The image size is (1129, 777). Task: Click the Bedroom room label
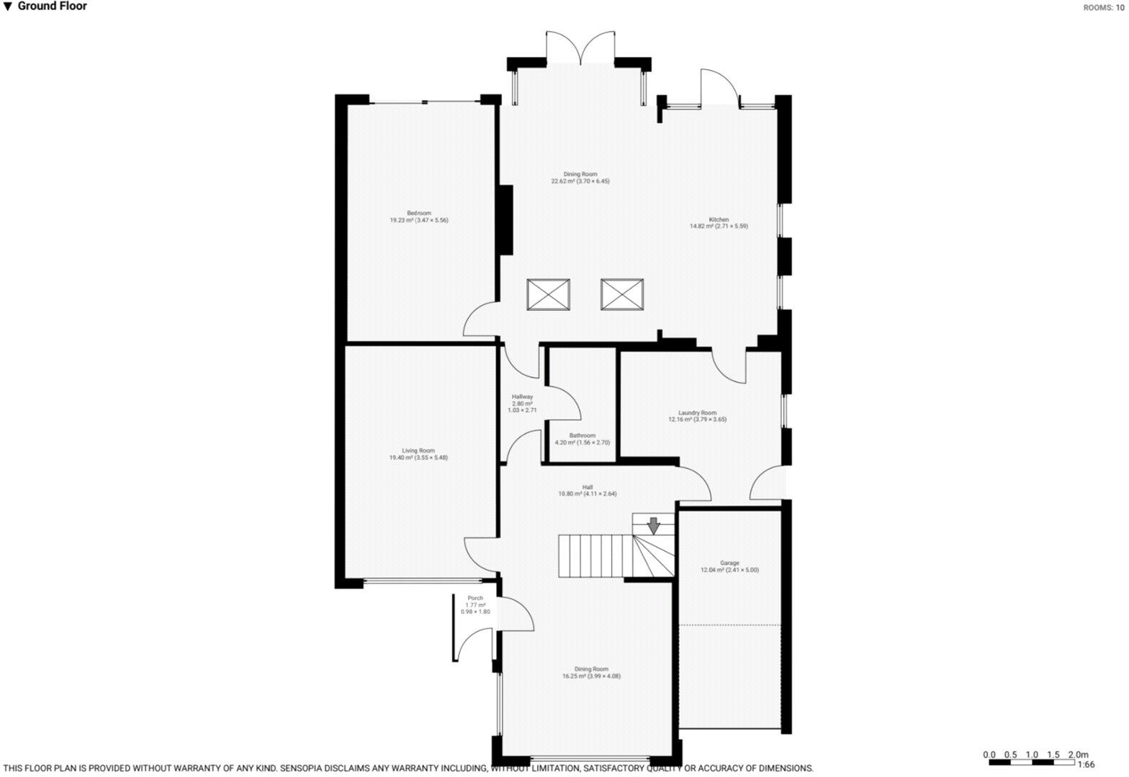click(x=418, y=217)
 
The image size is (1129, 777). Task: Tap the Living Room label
click(x=418, y=454)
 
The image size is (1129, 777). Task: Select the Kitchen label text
click(x=719, y=223)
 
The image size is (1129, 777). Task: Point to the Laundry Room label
click(x=697, y=416)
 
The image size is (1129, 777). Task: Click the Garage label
click(x=729, y=566)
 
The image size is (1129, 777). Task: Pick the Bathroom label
click(x=582, y=439)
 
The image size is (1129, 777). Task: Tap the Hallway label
click(x=522, y=403)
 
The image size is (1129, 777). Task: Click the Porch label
click(x=475, y=605)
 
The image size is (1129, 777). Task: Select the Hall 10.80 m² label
click(x=587, y=491)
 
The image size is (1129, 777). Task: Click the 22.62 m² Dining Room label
click(x=580, y=178)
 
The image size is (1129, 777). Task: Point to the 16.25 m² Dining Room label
click(x=591, y=673)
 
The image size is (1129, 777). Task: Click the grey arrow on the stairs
click(x=653, y=526)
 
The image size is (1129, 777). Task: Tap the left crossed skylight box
click(x=549, y=294)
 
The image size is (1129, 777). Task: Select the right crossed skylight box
click(x=622, y=294)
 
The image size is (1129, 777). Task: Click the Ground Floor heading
click(x=52, y=6)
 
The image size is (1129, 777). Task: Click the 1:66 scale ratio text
click(x=1086, y=765)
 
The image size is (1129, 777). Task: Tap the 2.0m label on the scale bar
click(x=1078, y=754)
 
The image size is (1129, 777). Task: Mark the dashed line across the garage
click(x=730, y=624)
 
